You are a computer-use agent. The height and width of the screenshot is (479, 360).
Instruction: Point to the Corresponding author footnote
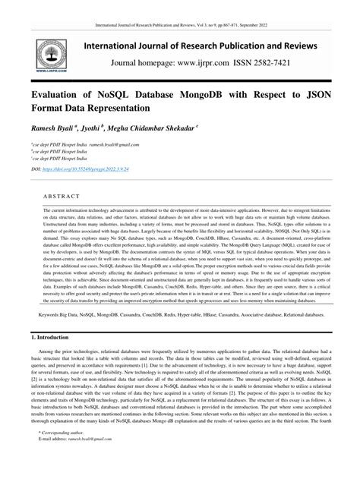tap(66, 452)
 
